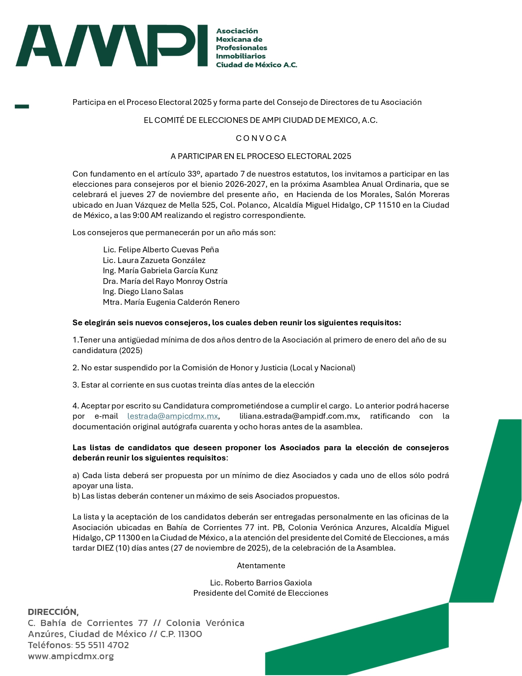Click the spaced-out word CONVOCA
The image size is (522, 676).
click(x=261, y=138)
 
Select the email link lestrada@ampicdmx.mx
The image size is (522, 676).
click(x=172, y=416)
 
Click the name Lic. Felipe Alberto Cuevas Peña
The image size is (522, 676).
click(x=161, y=250)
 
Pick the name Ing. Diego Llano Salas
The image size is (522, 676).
click(x=143, y=292)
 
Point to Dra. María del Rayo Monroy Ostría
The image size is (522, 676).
click(x=165, y=281)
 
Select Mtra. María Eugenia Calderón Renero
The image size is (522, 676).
click(x=171, y=302)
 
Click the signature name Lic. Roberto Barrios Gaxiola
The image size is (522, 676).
click(x=261, y=583)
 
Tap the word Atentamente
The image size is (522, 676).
click(x=261, y=566)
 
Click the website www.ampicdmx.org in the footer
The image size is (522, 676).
click(x=71, y=656)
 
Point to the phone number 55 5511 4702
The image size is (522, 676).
click(x=102, y=645)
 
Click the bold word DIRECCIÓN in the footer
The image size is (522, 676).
click(x=53, y=612)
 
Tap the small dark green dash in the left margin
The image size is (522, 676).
click(x=22, y=107)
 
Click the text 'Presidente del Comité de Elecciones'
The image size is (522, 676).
click(x=261, y=593)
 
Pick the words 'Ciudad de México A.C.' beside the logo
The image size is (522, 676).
click(x=256, y=65)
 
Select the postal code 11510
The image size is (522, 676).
click(x=389, y=205)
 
